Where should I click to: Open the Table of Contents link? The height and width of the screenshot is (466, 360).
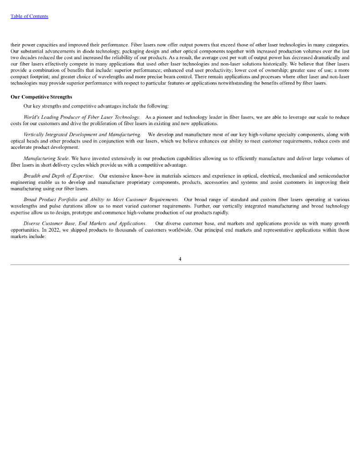coord(29,16)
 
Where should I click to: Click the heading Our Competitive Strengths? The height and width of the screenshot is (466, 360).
coord(41,97)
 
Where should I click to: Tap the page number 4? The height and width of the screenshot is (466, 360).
coord(180,259)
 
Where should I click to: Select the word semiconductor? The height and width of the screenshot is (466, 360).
coord(334,176)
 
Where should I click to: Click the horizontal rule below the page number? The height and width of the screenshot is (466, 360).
coord(180,264)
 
